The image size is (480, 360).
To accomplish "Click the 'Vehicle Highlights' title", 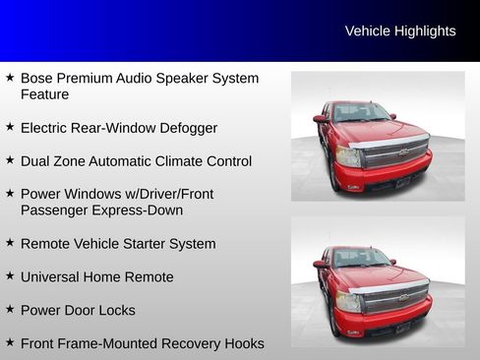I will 400,31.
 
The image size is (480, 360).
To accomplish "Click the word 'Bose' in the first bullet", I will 37,78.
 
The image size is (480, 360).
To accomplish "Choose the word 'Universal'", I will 51,277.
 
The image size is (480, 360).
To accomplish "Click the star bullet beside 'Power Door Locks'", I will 10,309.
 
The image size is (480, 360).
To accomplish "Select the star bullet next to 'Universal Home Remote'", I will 10,275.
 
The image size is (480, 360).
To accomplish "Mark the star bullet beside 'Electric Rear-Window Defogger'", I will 10,126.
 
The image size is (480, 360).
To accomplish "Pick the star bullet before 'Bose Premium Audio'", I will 10,76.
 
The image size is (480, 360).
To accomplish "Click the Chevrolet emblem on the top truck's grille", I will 402,153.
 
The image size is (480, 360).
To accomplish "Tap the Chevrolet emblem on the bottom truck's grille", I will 402,297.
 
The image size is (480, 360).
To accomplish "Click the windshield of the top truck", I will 360,113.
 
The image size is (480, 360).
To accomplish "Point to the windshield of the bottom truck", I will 360,258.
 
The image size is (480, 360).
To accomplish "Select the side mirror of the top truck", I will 320,119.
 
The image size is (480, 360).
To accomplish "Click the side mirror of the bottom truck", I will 320,264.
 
